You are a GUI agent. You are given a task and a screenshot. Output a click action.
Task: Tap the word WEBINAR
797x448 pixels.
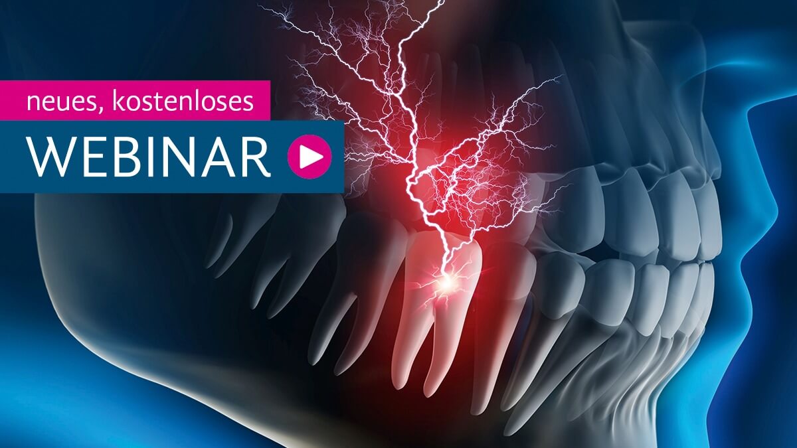(150, 157)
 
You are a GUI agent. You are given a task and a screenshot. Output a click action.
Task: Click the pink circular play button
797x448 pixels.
(310, 157)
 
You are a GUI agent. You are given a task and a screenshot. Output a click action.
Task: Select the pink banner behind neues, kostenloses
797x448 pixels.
(135, 101)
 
